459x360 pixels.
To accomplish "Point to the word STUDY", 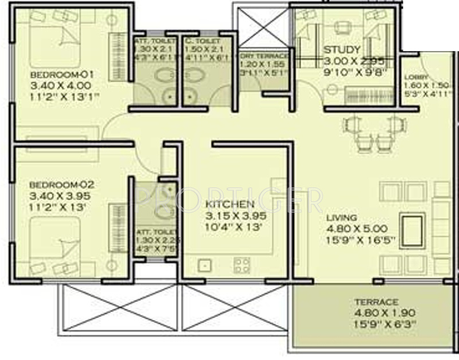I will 342,50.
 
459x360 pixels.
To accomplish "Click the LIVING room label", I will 342,218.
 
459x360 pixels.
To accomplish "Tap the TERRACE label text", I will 376,302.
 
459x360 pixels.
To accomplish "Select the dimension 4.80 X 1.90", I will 376,313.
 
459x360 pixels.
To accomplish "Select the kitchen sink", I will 203,265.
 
